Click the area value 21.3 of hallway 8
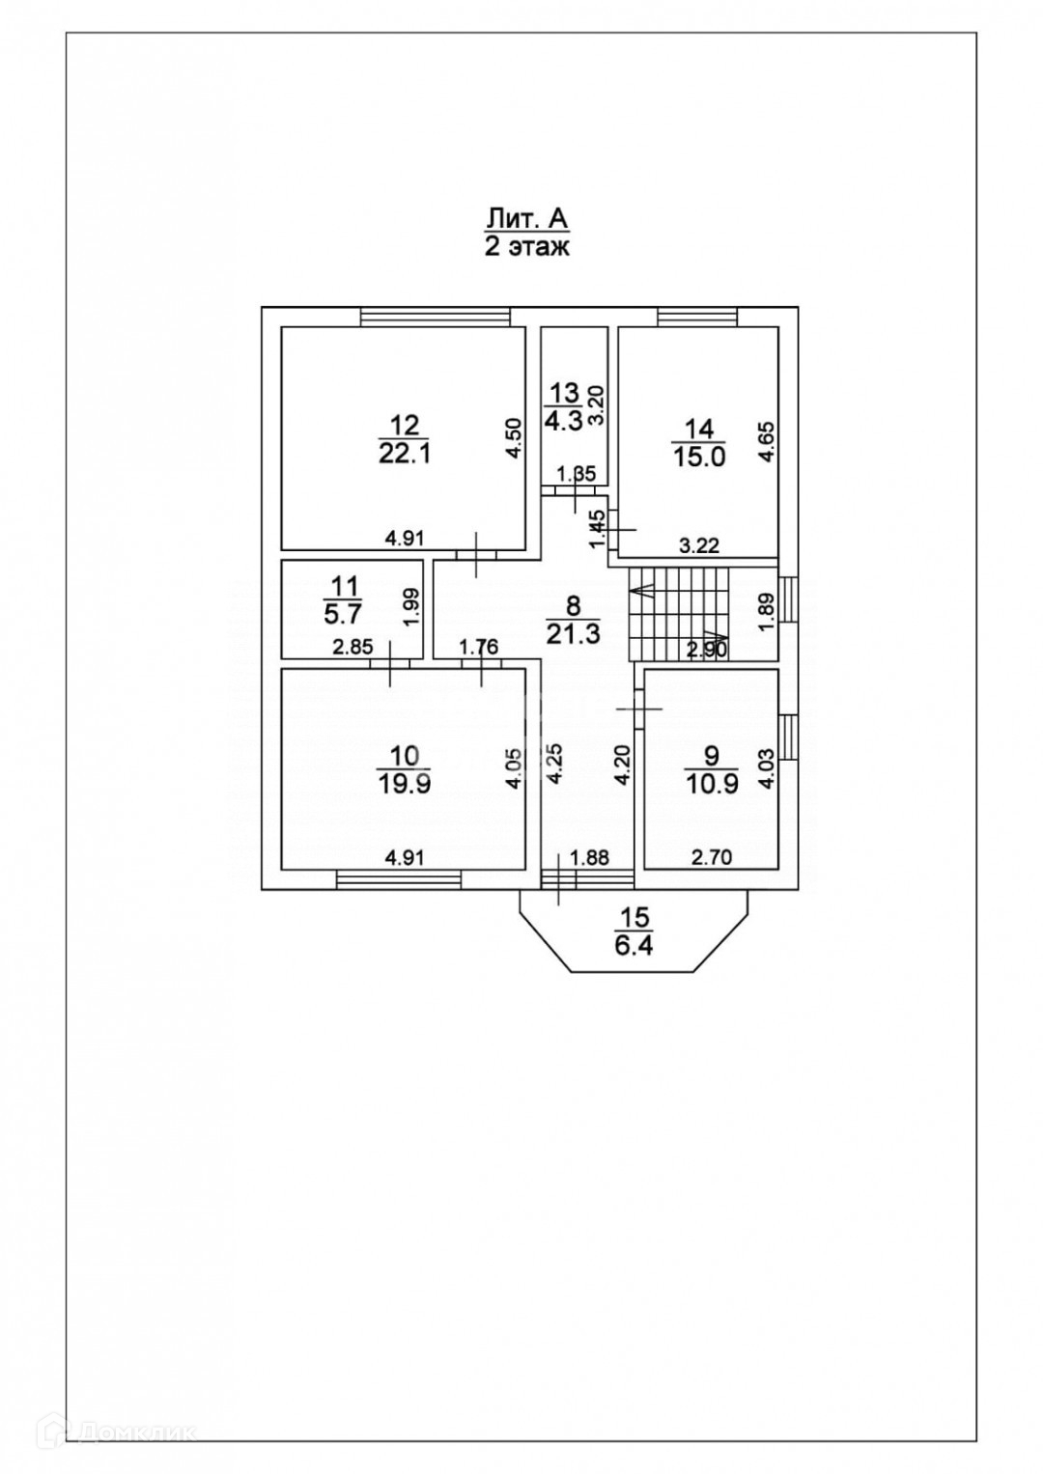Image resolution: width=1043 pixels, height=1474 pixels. coord(574,634)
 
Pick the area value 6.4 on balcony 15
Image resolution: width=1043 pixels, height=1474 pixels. coord(634,944)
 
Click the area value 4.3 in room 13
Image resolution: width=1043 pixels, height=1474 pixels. coord(563,421)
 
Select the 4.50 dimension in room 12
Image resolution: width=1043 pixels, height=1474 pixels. coord(516,442)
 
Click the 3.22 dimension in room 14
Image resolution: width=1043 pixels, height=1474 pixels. coord(699,545)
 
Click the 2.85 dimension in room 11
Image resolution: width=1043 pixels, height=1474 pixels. coord(352,648)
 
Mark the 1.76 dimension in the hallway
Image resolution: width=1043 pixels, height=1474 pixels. coord(479,647)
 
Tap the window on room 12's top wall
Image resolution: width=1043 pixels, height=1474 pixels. coord(435,316)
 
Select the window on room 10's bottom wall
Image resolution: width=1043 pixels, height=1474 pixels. coord(399,878)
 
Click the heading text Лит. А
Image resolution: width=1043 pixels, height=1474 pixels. coord(527,218)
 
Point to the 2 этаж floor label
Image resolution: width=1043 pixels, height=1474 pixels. coord(527,247)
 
